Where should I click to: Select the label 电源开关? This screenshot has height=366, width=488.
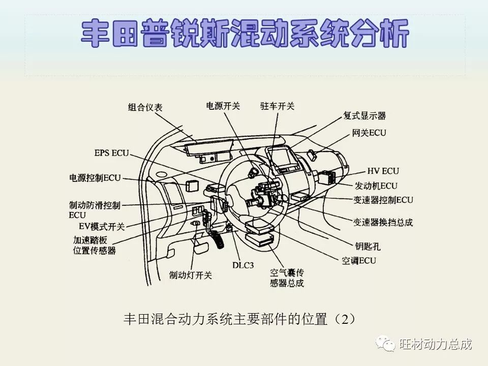pos(223,106)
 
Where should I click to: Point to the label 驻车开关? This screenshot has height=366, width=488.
pos(277,106)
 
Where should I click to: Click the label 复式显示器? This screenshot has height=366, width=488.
pos(364,115)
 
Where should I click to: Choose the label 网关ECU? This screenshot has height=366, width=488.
pos(369,133)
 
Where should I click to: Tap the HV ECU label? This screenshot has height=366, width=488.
pos(383,171)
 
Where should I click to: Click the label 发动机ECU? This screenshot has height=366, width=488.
pos(376,186)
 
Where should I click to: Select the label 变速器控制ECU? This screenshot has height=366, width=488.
pos(383,200)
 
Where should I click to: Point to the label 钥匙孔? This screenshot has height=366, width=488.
pos(368,247)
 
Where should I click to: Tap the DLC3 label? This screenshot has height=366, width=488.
pos(243,265)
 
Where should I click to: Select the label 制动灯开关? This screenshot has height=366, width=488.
pos(191,275)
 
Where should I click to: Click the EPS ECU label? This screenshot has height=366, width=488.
pos(112,152)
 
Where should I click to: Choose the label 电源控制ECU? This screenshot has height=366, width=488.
pos(95,178)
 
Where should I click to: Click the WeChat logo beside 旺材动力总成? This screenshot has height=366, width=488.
pos(385,344)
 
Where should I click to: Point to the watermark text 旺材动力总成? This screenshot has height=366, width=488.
pos(436,344)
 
